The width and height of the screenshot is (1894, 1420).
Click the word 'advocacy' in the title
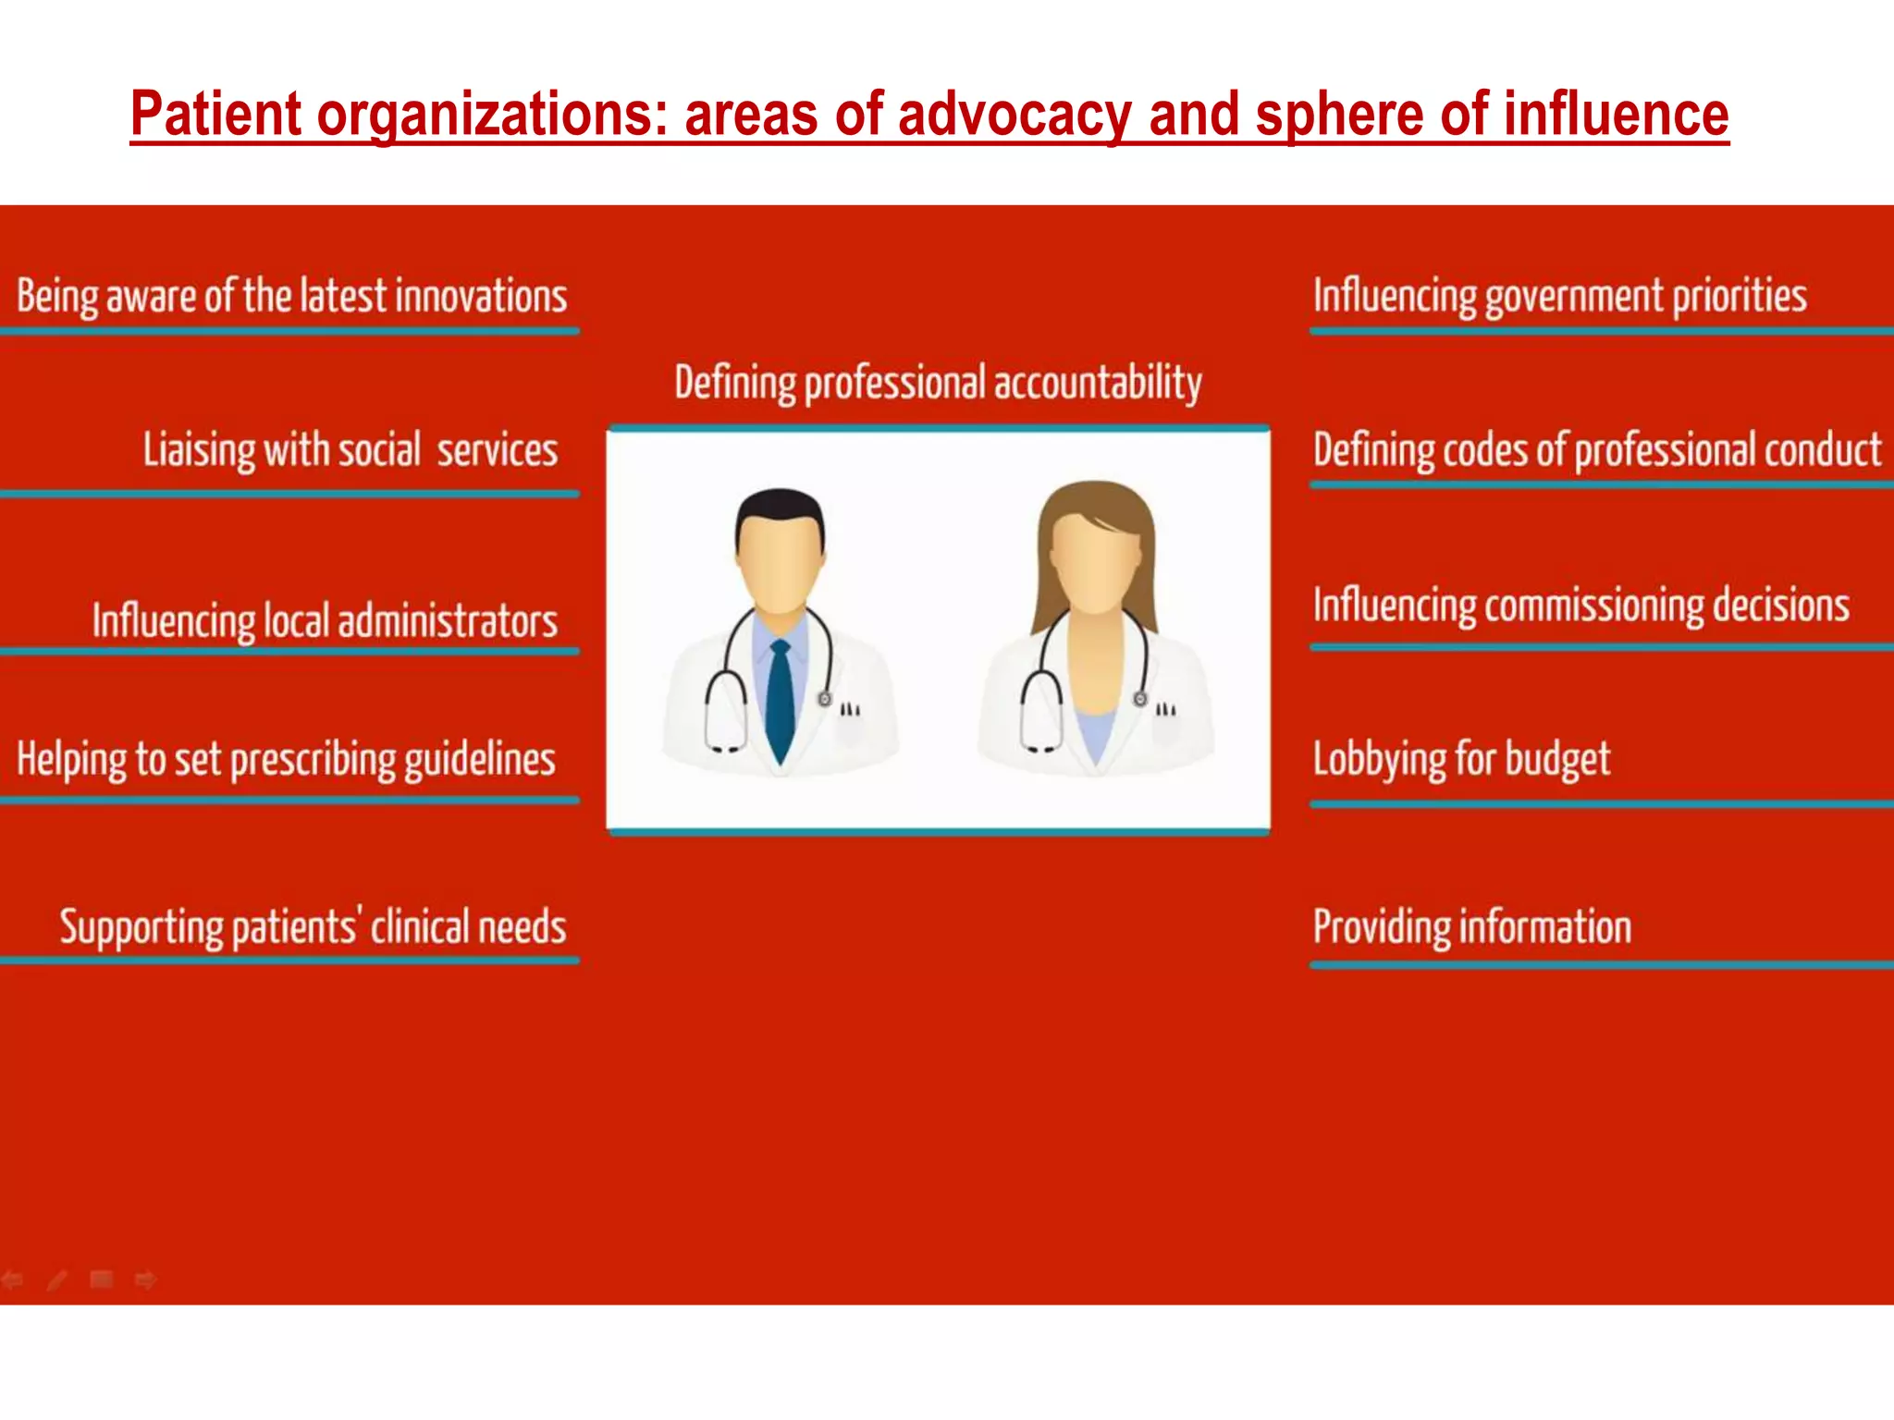point(1014,115)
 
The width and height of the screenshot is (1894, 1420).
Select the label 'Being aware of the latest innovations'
point(291,297)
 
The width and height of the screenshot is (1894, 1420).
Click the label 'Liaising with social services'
point(350,450)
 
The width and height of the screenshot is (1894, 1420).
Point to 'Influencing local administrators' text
point(325,620)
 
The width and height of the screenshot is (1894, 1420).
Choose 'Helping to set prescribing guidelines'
point(286,760)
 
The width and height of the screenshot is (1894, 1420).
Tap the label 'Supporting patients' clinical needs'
point(313,927)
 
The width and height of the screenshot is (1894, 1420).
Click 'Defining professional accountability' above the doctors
point(938,383)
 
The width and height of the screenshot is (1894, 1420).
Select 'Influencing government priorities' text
point(1559,297)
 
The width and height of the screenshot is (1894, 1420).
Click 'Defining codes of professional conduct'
point(1597,450)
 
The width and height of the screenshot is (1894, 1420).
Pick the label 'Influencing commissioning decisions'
point(1580,606)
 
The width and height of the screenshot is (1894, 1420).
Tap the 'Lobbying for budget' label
point(1461,760)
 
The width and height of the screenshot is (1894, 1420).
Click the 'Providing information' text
point(1472,927)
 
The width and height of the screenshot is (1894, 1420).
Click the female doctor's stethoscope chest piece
point(1140,699)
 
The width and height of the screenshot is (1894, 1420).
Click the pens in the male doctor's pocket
point(850,710)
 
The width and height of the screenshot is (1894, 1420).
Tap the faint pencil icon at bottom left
point(56,1280)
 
